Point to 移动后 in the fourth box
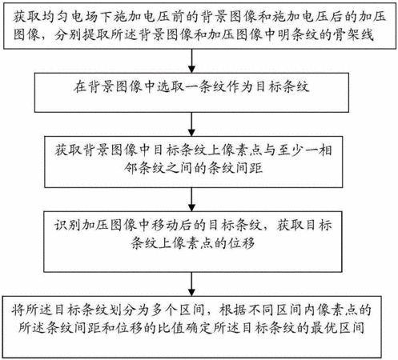(171, 226)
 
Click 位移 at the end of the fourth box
(241, 243)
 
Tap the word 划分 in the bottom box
(123, 310)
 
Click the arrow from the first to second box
(191, 61)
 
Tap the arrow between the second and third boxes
(191, 124)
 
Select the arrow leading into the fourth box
(191, 199)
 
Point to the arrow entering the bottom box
(191, 284)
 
